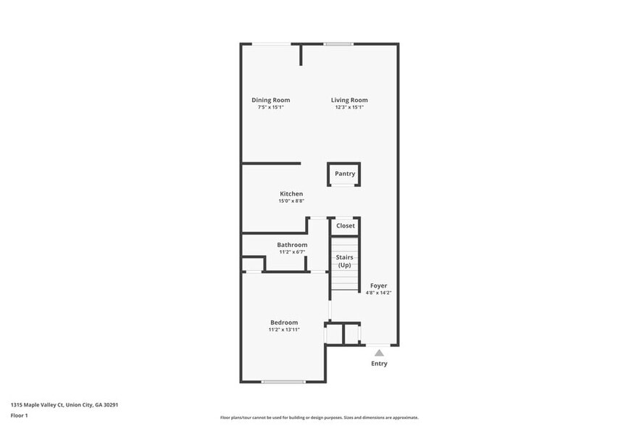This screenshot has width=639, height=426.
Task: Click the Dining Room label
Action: point(271,100)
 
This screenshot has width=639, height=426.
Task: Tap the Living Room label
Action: point(349,100)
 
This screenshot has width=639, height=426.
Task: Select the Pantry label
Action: point(345,174)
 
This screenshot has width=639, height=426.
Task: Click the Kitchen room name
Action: point(291,193)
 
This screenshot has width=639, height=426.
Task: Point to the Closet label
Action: point(346,226)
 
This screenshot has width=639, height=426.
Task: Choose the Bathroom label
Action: point(292,245)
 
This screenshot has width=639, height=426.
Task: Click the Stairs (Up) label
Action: point(345,261)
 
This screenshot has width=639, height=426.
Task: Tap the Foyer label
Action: point(378,285)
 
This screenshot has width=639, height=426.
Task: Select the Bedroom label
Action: point(284,322)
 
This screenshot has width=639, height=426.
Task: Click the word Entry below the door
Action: point(379,364)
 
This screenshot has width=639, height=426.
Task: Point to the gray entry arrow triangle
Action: point(379,353)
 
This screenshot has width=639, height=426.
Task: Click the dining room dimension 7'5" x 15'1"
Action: point(271,107)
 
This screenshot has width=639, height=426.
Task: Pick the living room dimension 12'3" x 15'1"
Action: point(349,107)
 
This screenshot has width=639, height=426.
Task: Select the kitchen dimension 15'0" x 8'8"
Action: point(291,201)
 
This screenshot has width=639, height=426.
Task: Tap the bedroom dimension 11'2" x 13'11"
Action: point(284,330)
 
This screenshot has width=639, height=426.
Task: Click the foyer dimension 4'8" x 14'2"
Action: point(378,293)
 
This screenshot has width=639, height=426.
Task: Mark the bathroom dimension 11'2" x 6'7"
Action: point(292,252)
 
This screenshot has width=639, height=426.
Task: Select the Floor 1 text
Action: point(19,415)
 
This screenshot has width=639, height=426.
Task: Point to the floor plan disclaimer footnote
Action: point(319,418)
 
